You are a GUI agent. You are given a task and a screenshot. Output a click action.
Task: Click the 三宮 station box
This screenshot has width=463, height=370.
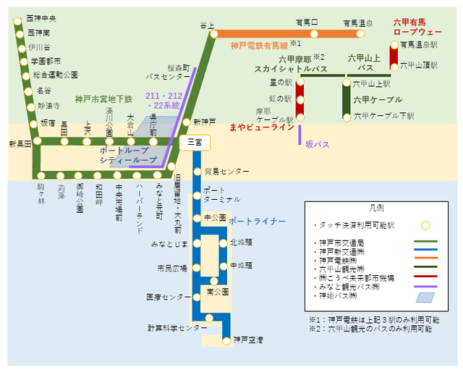pyautogui.click(x=194, y=143)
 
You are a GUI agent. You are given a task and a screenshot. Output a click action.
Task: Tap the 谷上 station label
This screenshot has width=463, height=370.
pyautogui.click(x=208, y=25)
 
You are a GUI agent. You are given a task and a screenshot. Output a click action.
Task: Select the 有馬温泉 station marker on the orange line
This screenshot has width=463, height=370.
pyautogui.click(x=360, y=33)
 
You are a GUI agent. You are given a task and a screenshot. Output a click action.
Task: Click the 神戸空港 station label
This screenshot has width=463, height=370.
pyautogui.click(x=248, y=339)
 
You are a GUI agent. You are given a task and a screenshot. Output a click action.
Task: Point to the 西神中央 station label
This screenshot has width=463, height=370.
pyautogui.click(x=41, y=18)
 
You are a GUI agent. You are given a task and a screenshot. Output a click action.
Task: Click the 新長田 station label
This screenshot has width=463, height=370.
pyautogui.click(x=20, y=144)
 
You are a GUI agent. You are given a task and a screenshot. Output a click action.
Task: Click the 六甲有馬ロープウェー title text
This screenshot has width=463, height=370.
pyautogui.click(x=417, y=28)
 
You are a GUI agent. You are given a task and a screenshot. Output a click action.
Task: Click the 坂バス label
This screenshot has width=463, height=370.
pyautogui.click(x=317, y=144)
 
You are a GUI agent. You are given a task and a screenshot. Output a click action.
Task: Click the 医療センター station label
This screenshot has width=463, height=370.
pyautogui.click(x=168, y=297)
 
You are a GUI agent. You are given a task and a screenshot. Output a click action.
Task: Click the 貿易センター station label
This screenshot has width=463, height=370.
pyautogui.click(x=226, y=172)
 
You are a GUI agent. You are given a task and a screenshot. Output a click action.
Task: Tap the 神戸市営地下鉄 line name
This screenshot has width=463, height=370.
pyautogui.click(x=103, y=98)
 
